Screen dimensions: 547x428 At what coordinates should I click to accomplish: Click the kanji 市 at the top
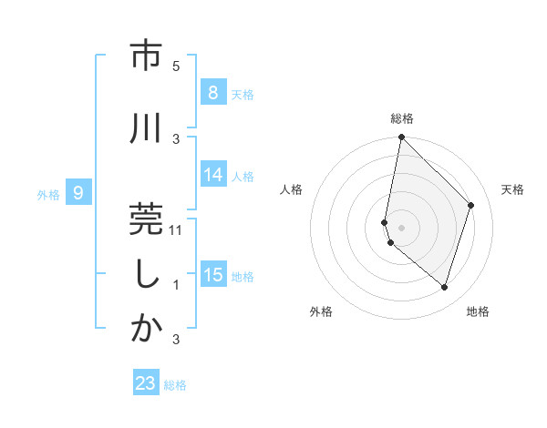tap(146, 56)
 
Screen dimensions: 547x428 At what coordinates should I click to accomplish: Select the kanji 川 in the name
tap(146, 127)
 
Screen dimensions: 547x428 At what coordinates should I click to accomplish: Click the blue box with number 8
tap(212, 93)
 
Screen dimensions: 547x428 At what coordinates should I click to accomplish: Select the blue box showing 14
tap(212, 176)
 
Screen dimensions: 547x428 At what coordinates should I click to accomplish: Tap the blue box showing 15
tap(212, 275)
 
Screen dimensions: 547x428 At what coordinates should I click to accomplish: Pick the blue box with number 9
tap(78, 193)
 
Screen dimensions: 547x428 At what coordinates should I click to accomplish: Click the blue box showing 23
tap(146, 383)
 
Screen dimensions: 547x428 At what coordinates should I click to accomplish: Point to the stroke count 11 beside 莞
tap(176, 230)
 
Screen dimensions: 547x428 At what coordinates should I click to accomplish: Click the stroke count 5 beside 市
tap(176, 66)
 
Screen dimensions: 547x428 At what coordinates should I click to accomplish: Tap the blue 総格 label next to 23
tap(175, 385)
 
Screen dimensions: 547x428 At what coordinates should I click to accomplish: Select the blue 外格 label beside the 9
tap(48, 194)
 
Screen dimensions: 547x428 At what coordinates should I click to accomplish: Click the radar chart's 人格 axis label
tap(292, 189)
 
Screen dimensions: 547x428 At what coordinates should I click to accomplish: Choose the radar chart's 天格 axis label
tap(512, 189)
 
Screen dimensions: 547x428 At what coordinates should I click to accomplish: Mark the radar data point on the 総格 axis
tap(401, 138)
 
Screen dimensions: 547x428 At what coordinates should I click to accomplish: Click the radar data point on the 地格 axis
tap(444, 288)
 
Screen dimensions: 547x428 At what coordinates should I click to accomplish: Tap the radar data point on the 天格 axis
tap(471, 205)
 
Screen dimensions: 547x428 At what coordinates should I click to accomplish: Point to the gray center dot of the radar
tap(401, 227)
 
